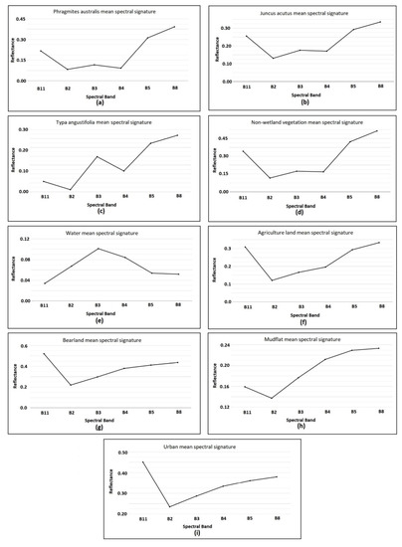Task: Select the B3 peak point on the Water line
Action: [98, 249]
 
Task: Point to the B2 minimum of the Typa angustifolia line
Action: [71, 189]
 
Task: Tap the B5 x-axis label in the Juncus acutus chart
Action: [350, 88]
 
